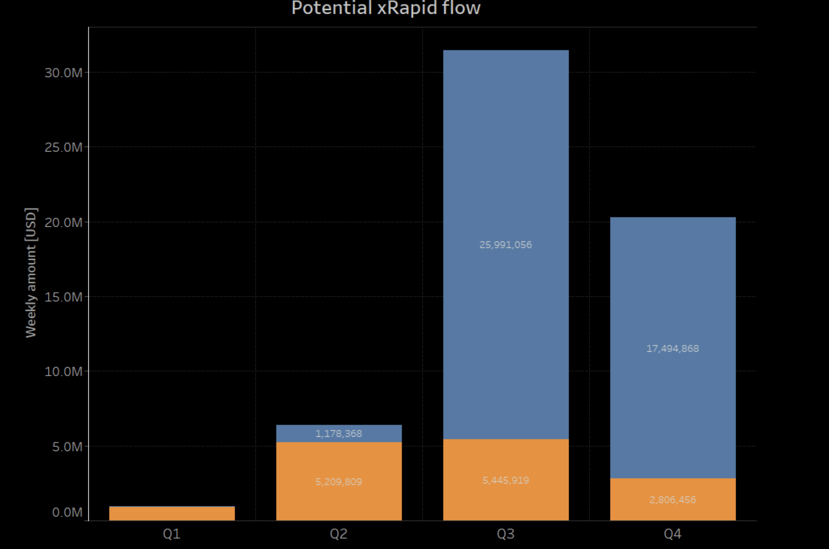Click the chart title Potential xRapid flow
pos(386,8)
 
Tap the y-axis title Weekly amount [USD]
pos(31,273)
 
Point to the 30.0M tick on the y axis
pos(63,73)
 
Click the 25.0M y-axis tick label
pos(63,147)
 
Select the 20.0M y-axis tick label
pos(63,222)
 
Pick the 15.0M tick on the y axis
pos(63,297)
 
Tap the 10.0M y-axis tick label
pos(63,371)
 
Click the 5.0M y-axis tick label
pos(67,447)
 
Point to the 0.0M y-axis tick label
pos(67,512)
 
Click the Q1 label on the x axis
pos(172,534)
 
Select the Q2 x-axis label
pos(338,534)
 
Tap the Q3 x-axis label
pos(506,534)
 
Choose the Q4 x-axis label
pos(673,534)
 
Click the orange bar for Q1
pos(172,513)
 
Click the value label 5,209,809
pos(338,482)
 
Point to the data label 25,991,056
pos(506,245)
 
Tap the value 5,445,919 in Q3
pos(506,480)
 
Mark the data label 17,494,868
pos(673,349)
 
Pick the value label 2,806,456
pos(673,500)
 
